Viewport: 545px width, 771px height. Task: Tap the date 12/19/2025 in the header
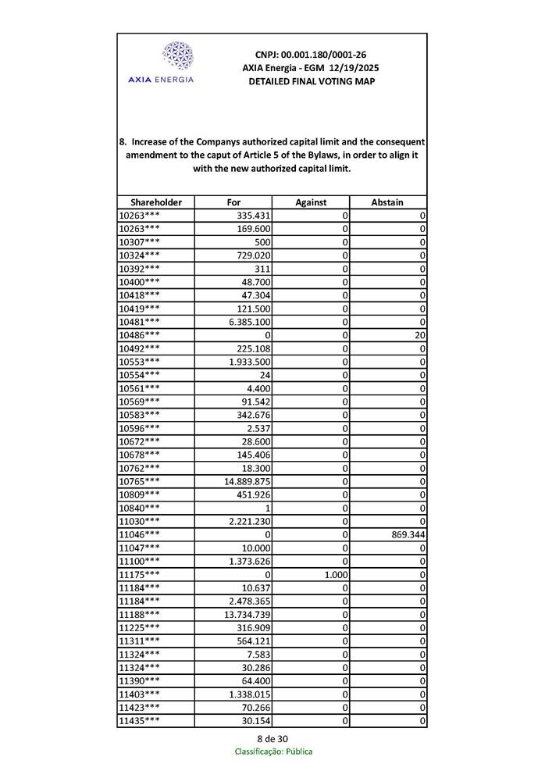[x=350, y=68]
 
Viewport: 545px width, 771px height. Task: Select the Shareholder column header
[x=155, y=202]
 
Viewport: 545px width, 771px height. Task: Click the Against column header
[x=311, y=202]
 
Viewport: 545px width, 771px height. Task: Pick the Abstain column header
[x=387, y=202]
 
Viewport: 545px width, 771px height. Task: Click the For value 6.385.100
[x=249, y=322]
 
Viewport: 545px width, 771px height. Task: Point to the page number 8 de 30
[x=272, y=739]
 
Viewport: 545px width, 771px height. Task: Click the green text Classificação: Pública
[x=273, y=751]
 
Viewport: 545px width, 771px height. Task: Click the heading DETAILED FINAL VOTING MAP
[x=311, y=81]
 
